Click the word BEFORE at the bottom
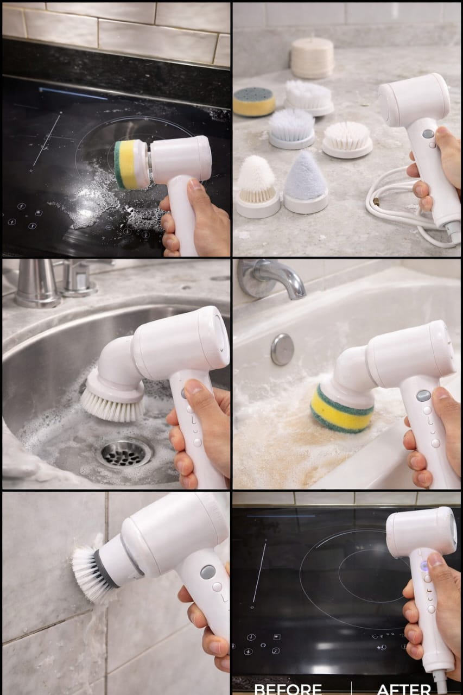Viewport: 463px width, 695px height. point(288,688)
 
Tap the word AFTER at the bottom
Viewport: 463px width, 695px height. point(404,688)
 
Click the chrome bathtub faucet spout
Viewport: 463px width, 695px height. point(274,277)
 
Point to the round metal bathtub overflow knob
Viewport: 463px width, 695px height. point(282,349)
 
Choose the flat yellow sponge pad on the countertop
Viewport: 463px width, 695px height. point(253,102)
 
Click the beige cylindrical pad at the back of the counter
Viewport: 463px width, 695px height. point(312,57)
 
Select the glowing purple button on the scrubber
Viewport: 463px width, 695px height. point(424,566)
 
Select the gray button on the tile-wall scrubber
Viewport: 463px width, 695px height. point(208,571)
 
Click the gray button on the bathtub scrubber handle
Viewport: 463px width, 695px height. point(424,395)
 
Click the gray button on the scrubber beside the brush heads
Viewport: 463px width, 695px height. point(428,134)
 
